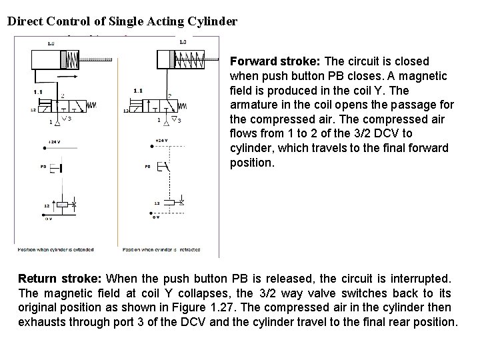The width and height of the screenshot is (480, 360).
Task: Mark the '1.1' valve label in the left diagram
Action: pos(38,91)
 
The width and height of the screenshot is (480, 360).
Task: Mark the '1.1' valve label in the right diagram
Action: pos(137,90)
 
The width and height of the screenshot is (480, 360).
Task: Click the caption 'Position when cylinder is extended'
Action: pos(56,250)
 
